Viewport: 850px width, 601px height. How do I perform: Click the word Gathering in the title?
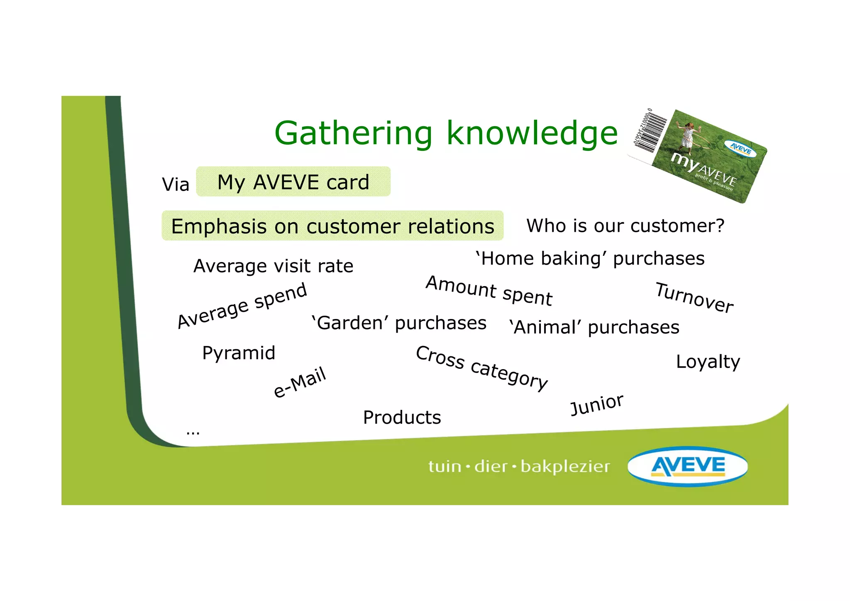pyautogui.click(x=353, y=134)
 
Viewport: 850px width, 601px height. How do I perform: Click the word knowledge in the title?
pyautogui.click(x=532, y=134)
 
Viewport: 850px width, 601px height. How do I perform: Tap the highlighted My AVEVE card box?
pyautogui.click(x=293, y=182)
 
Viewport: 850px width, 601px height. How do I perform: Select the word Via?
pyautogui.click(x=176, y=184)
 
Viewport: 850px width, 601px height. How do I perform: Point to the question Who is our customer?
pyautogui.click(x=625, y=226)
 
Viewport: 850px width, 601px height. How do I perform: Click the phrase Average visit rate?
pyautogui.click(x=273, y=266)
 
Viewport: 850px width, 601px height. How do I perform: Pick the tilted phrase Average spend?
pyautogui.click(x=242, y=306)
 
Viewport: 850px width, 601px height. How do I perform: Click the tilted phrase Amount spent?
pyautogui.click(x=489, y=291)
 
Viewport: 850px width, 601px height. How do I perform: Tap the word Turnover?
pyautogui.click(x=694, y=297)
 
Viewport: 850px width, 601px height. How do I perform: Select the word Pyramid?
pyautogui.click(x=239, y=353)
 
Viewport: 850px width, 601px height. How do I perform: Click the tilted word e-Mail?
pyautogui.click(x=300, y=382)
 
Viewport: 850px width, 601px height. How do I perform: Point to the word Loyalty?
pyautogui.click(x=708, y=362)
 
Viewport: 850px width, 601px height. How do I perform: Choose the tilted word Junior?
pyautogui.click(x=596, y=405)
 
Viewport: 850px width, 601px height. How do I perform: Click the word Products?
pyautogui.click(x=402, y=417)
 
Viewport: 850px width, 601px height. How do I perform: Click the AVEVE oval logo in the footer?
pyautogui.click(x=688, y=466)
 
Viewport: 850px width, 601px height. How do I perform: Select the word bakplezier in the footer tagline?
pyautogui.click(x=565, y=467)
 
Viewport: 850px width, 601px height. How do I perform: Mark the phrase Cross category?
pyautogui.click(x=481, y=368)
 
